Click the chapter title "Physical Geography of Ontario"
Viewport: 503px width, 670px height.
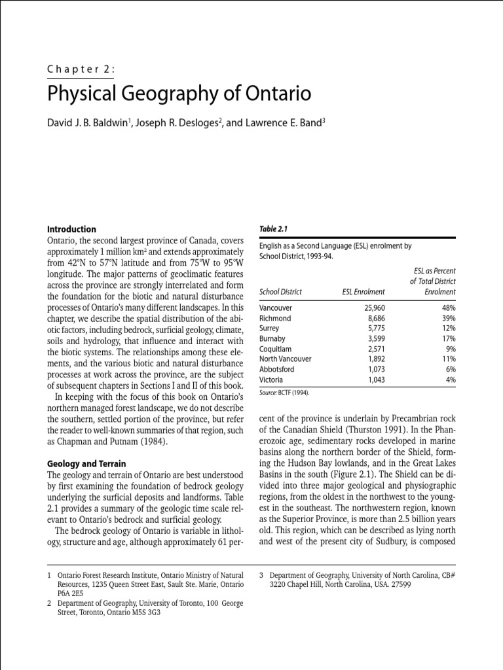[179, 94]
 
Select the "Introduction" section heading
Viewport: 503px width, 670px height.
[71, 229]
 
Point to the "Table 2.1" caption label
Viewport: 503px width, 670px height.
[274, 229]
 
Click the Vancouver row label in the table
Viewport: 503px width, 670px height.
[276, 308]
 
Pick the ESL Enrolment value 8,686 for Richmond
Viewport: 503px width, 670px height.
[371, 318]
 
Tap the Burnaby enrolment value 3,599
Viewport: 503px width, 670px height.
[371, 339]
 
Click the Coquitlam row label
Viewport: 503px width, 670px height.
[276, 349]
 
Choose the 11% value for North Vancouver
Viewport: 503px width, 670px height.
[447, 359]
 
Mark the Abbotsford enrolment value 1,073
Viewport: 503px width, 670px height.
[371, 370]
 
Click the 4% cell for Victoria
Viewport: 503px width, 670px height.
[450, 380]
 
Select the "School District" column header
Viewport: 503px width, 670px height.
[281, 292]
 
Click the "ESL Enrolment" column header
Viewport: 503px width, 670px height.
[363, 292]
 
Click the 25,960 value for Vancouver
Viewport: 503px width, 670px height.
[369, 308]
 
